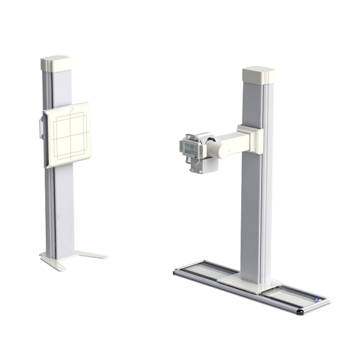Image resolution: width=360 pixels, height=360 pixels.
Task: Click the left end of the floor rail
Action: click(x=175, y=271)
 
